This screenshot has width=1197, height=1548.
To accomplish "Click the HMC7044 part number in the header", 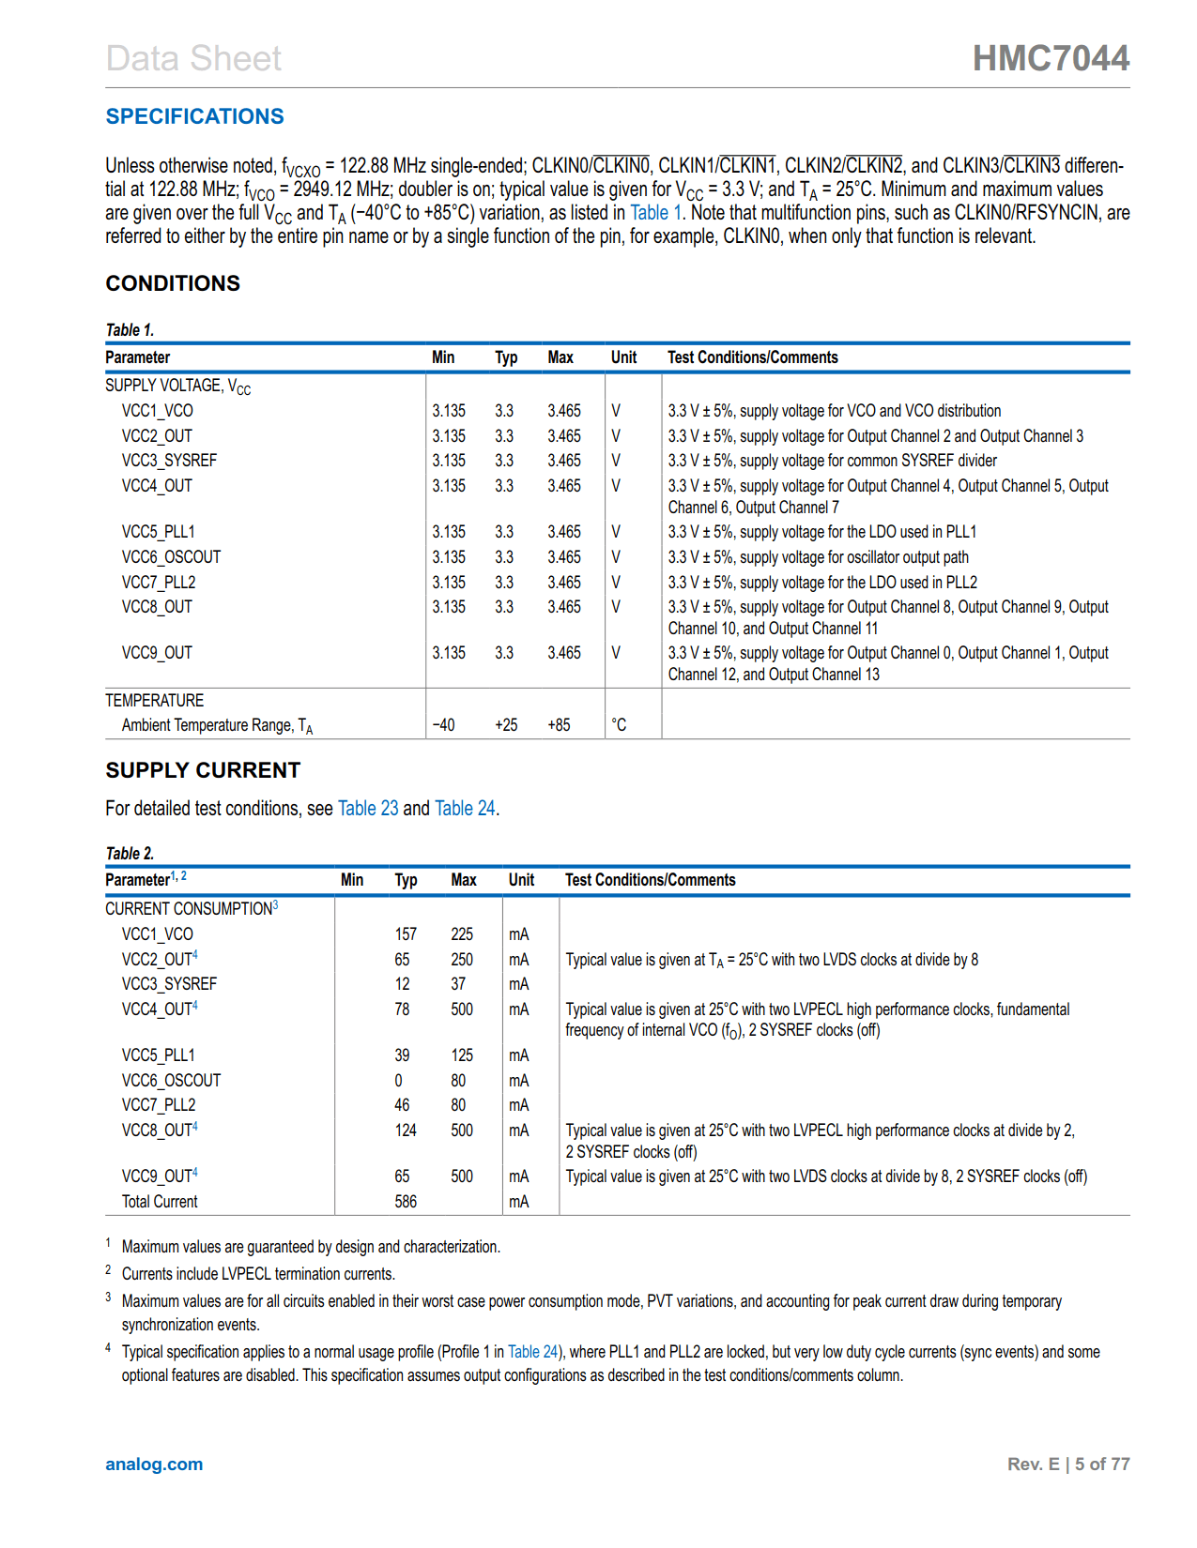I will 1051,58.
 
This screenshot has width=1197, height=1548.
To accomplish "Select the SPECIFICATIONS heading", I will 194,116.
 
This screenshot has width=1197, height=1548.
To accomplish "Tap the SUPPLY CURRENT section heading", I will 203,770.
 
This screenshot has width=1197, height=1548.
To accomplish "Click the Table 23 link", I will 368,809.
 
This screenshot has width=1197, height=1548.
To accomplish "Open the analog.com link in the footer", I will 154,1465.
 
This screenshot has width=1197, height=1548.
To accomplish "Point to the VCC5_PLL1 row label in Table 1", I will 158,532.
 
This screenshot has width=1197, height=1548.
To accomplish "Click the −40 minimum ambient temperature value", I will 443,725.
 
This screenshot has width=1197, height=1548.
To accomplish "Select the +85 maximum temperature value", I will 559,725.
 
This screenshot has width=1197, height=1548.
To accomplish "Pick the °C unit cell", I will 619,725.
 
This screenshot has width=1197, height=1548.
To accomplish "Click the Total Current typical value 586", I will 406,1202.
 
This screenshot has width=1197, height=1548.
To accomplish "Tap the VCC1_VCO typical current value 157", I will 406,934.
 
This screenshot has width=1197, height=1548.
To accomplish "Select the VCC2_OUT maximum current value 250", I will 462,960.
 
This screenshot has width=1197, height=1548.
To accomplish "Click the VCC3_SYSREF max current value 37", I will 458,984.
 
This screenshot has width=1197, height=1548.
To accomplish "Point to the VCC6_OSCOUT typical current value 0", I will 398,1081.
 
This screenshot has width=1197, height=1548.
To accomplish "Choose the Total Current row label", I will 160,1202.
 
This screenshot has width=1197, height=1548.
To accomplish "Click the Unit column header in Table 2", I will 521,880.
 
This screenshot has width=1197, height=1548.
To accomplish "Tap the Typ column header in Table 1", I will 506,357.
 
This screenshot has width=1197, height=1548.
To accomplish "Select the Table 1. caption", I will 130,330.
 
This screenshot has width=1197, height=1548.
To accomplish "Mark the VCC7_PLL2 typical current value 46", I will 402,1105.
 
